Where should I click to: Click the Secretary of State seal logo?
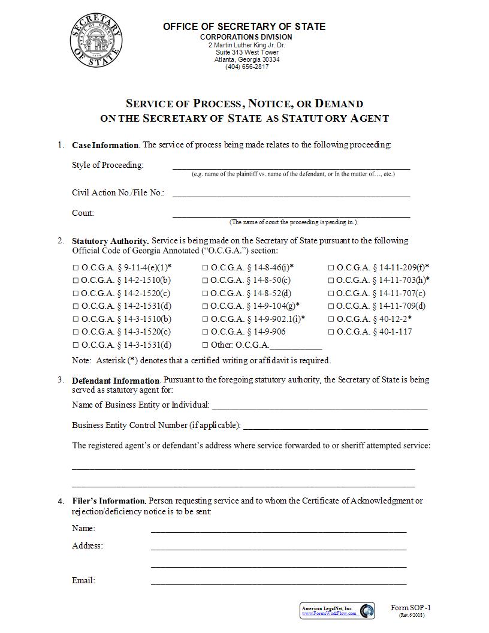click(x=96, y=43)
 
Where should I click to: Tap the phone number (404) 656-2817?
click(x=247, y=67)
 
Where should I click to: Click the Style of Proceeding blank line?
click(x=291, y=166)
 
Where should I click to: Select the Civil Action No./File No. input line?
click(x=291, y=193)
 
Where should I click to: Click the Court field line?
click(x=291, y=213)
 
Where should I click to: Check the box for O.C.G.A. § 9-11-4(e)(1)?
click(x=76, y=268)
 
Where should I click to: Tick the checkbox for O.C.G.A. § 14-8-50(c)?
click(x=206, y=281)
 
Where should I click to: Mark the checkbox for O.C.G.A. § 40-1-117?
click(x=331, y=332)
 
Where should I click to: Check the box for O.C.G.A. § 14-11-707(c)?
click(x=331, y=294)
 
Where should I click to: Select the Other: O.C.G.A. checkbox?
click(x=206, y=345)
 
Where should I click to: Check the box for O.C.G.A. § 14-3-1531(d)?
click(x=76, y=345)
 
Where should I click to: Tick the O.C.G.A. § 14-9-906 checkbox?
click(x=206, y=332)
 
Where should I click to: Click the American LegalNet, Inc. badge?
click(x=337, y=611)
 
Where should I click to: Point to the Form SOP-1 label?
click(x=410, y=608)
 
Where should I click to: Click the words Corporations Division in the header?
click(x=246, y=37)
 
